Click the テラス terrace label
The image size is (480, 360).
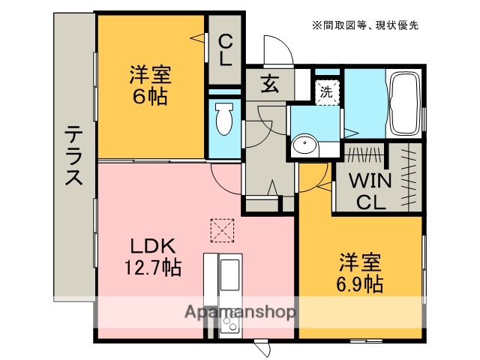point(73,157)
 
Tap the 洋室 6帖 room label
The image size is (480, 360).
point(150,85)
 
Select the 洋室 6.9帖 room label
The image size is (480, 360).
point(360,273)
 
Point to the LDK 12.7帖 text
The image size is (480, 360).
point(153,256)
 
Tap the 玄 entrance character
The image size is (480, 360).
point(269,84)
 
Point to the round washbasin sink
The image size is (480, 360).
point(305,145)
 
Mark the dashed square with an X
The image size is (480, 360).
point(222,229)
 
